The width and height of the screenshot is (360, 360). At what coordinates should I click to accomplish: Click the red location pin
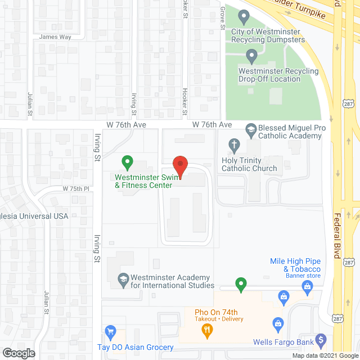coord(179,167)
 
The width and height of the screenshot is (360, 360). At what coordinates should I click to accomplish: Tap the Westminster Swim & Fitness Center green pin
coord(127,164)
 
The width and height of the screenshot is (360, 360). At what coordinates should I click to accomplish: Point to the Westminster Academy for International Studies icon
coord(122,278)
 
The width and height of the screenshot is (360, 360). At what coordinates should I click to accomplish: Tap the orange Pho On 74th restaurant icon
coord(207,331)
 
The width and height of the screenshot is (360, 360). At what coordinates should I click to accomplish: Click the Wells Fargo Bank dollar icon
coord(321,339)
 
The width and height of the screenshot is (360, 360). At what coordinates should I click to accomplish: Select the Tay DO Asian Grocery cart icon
coord(110,332)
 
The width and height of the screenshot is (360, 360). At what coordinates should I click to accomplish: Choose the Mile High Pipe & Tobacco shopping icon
coord(307,287)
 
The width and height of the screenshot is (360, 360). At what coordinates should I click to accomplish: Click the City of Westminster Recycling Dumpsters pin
coord(244,18)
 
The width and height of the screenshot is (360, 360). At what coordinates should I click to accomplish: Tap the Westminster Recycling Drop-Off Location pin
coord(251,56)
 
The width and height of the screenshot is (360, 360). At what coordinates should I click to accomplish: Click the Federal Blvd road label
coord(337,236)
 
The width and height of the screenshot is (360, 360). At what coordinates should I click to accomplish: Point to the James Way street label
coord(55,37)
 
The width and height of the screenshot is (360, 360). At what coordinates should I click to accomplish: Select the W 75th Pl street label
coord(76,188)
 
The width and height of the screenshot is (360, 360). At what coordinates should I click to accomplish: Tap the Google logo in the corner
coord(18,353)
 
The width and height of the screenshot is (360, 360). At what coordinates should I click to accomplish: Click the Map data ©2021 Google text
coord(325,355)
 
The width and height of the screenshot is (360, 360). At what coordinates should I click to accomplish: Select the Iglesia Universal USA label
coord(34,216)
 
